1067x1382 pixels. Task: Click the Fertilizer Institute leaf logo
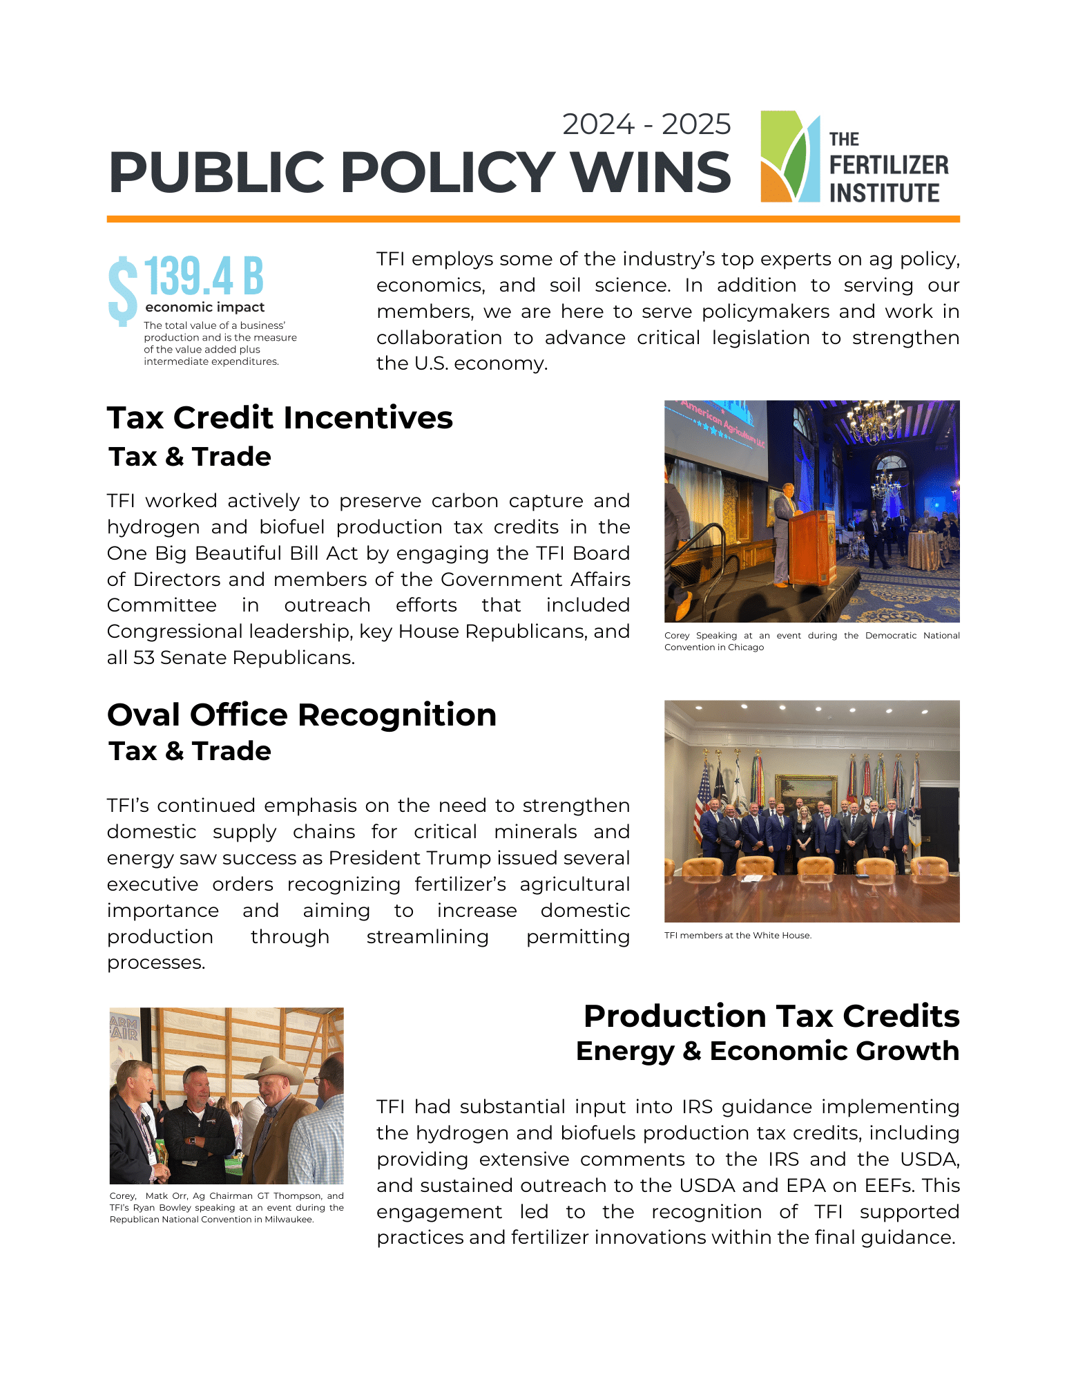[789, 157]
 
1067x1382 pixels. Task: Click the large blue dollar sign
[123, 290]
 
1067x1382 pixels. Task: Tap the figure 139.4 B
[204, 276]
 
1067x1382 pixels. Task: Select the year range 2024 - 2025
[646, 124]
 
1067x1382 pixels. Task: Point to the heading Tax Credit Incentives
[280, 418]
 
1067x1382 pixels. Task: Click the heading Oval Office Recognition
[302, 715]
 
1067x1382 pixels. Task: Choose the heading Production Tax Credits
[771, 1016]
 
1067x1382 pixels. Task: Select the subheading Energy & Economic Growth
[767, 1051]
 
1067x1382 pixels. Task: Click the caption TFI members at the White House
[738, 936]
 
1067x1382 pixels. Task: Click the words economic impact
[204, 307]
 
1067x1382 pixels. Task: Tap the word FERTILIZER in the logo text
[889, 166]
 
